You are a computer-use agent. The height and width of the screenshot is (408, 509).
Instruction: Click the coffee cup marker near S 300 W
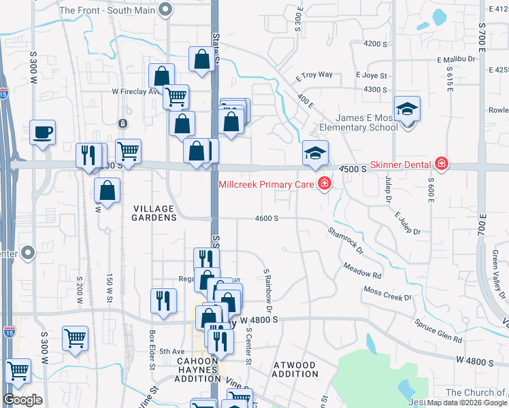click(x=42, y=132)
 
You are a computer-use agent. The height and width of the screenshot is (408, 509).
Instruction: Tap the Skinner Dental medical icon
click(x=442, y=164)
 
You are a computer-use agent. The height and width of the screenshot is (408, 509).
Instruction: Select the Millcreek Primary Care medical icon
click(x=324, y=183)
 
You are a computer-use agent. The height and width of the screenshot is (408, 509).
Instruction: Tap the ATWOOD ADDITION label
click(x=294, y=370)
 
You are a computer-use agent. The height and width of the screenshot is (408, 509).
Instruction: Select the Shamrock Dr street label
click(x=346, y=241)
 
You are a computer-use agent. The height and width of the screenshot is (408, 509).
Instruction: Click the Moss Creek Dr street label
click(x=388, y=294)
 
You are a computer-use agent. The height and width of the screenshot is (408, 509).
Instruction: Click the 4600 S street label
click(x=267, y=218)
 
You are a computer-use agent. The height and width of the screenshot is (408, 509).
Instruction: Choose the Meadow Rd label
click(x=362, y=271)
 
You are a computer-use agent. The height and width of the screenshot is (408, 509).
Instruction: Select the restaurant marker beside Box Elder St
click(x=163, y=300)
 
